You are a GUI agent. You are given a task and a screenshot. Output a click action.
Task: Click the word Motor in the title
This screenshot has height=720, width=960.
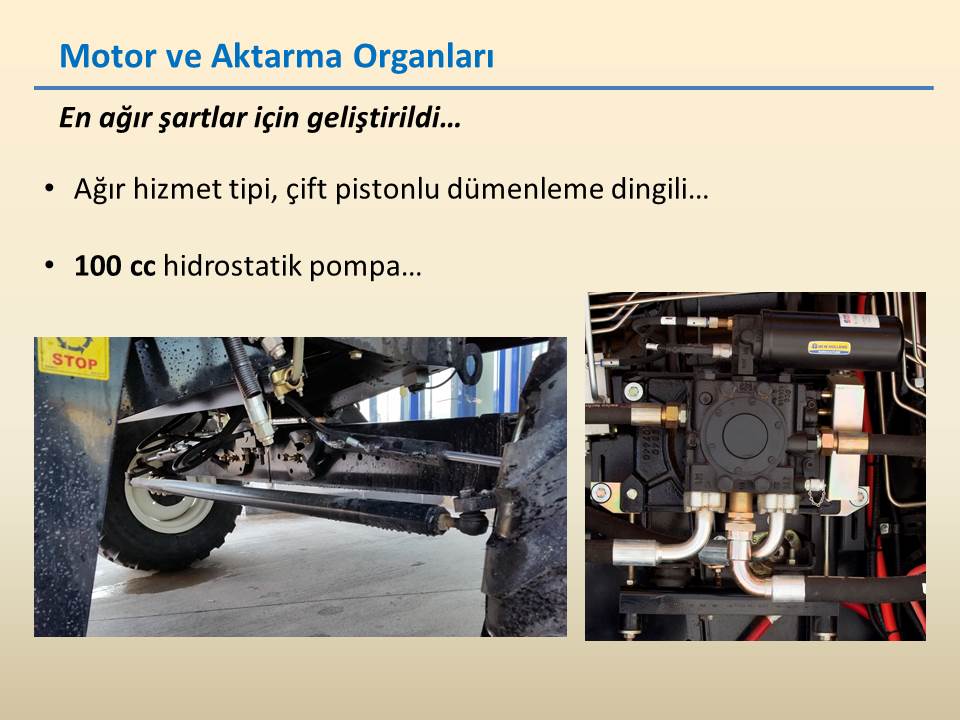click(108, 56)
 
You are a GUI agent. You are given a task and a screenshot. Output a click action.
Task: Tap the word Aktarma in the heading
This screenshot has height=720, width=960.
click(276, 56)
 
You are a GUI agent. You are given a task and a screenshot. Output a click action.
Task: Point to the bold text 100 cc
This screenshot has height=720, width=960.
click(114, 266)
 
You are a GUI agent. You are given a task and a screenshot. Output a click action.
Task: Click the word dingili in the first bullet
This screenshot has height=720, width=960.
click(650, 189)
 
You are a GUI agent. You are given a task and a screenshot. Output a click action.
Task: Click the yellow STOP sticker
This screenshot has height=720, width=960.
click(74, 358)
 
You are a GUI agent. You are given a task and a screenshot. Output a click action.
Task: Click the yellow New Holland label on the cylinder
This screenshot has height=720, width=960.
click(829, 348)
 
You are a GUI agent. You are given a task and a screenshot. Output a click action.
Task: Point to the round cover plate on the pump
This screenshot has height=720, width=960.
click(744, 434)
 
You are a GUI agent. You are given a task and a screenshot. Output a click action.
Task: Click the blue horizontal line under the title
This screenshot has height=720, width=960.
click(484, 88)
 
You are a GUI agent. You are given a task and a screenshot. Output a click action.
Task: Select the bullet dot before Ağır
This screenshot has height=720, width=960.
click(49, 188)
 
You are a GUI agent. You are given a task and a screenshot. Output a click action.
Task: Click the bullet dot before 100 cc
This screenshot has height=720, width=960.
click(49, 266)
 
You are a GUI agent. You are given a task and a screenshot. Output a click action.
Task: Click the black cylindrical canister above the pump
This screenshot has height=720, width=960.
click(820, 340)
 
